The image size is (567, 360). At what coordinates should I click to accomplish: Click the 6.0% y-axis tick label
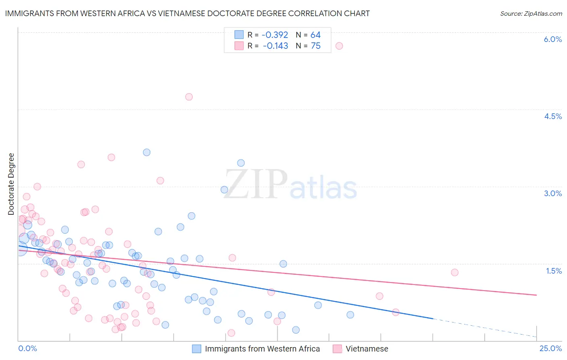[552, 39]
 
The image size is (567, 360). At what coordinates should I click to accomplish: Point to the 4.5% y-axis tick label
[552, 116]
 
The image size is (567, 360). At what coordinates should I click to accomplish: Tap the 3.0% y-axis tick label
[552, 193]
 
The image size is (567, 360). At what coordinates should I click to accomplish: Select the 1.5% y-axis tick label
[554, 271]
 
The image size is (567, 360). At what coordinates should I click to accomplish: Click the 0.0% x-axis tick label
[27, 348]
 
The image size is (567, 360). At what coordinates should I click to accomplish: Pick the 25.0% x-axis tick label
[550, 348]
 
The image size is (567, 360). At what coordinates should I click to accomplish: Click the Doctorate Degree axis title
[11, 184]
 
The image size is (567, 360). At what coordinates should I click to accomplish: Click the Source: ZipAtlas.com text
[531, 13]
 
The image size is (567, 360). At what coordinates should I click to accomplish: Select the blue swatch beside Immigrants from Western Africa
[196, 349]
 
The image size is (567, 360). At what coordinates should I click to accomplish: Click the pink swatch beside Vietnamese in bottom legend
[337, 349]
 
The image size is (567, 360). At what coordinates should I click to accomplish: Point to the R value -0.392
[275, 35]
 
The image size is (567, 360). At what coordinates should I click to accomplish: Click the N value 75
[315, 46]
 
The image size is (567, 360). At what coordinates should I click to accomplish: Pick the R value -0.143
[275, 46]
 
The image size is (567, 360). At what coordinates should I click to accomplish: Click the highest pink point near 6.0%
[339, 46]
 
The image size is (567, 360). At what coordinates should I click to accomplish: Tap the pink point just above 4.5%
[189, 97]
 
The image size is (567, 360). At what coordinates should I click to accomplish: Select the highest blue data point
[147, 152]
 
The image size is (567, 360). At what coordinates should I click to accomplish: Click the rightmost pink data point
[454, 272]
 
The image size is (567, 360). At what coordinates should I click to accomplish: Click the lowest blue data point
[296, 330]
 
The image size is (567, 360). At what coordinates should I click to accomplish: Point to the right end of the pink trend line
[536, 295]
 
